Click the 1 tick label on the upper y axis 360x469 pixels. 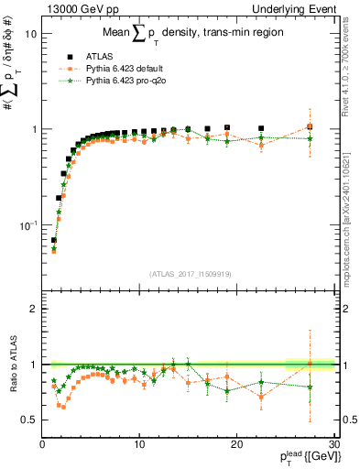34,129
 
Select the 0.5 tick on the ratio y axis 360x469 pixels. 30,420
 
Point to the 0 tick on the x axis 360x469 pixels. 43,444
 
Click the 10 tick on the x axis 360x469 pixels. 139,444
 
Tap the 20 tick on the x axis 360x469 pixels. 236,444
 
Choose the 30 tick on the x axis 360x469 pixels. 333,444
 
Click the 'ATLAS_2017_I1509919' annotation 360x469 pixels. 188,273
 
